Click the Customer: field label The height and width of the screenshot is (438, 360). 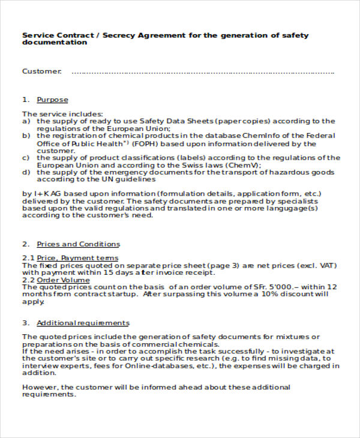coord(41,72)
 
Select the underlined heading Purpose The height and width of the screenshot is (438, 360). coord(52,100)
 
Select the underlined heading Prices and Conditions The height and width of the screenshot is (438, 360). coord(78,244)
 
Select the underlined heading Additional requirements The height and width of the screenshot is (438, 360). coord(83,323)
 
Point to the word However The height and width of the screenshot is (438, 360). coord(38,387)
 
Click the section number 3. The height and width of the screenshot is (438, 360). coord(25,323)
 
